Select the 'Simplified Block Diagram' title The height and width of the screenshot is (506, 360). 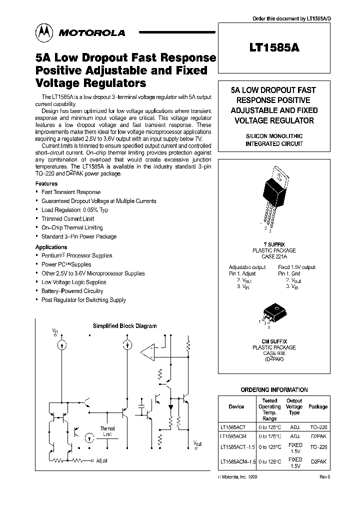[x=124, y=326]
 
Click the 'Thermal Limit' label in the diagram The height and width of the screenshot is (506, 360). [x=107, y=431]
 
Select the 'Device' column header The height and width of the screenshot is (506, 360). [x=236, y=406]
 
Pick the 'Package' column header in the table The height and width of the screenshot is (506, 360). [x=318, y=407]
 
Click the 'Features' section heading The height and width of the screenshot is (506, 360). [x=46, y=184]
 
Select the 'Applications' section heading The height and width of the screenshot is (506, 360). [x=51, y=247]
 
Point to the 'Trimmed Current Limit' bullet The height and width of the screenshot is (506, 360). [x=67, y=219]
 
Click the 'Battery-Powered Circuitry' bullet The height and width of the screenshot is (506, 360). [x=72, y=291]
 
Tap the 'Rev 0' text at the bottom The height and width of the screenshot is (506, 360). [x=325, y=477]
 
